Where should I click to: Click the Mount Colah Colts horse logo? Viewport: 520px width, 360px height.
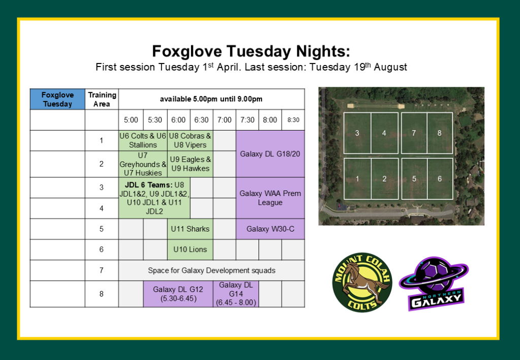(x=362, y=283)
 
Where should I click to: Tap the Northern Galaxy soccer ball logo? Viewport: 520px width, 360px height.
(x=434, y=283)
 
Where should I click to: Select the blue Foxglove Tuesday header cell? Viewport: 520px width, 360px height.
(x=57, y=99)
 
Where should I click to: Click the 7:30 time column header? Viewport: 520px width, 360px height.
(x=247, y=120)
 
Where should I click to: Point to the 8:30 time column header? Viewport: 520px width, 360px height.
(x=293, y=120)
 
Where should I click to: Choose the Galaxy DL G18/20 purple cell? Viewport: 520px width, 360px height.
(x=270, y=154)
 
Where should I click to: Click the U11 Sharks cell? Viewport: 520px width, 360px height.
(x=190, y=228)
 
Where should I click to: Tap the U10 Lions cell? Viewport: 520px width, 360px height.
(x=190, y=249)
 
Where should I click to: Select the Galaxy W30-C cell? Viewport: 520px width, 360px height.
(x=270, y=228)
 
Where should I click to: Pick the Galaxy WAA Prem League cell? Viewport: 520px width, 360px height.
(x=270, y=198)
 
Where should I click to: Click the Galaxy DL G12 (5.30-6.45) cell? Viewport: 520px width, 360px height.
(x=178, y=293)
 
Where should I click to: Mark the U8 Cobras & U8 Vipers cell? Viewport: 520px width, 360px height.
(x=190, y=140)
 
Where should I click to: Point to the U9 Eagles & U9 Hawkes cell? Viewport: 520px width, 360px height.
(x=190, y=164)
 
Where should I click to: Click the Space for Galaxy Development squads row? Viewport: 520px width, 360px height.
(x=212, y=270)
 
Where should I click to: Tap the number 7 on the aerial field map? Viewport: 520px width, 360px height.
(x=413, y=133)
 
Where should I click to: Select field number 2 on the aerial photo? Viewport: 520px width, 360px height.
(x=384, y=179)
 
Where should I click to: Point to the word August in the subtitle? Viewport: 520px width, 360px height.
(x=391, y=67)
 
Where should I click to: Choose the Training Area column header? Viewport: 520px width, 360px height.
(x=102, y=99)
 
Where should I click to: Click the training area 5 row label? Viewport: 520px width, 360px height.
(x=102, y=228)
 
